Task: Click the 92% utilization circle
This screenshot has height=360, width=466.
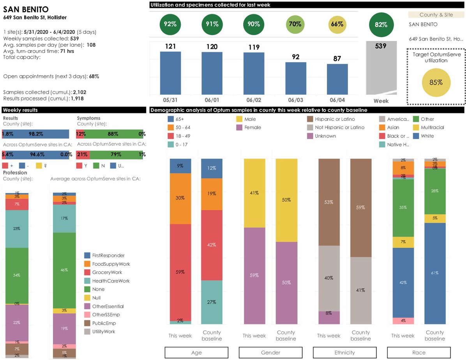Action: pyautogui.click(x=170, y=24)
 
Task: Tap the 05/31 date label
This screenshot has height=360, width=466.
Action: pyautogui.click(x=170, y=100)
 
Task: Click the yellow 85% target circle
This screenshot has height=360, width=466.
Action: pyautogui.click(x=436, y=82)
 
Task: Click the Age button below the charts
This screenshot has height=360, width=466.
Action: pyautogui.click(x=196, y=353)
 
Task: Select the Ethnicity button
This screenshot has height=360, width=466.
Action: pyautogui.click(x=344, y=353)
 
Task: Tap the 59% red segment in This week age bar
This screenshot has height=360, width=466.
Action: pyautogui.click(x=180, y=272)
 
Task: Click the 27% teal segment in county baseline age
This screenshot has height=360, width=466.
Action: pyautogui.click(x=212, y=302)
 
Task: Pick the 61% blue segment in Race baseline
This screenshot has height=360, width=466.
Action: pyautogui.click(x=435, y=273)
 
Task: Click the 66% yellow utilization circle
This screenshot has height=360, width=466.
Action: pyautogui.click(x=337, y=24)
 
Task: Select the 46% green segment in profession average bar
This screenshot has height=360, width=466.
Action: pyautogui.click(x=64, y=270)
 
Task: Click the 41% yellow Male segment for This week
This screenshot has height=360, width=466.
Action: pyautogui.click(x=254, y=193)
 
